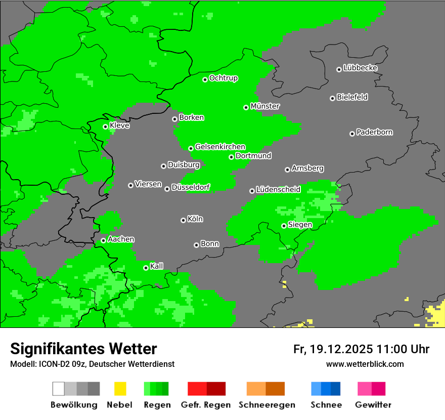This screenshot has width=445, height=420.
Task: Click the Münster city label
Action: coord(265,106)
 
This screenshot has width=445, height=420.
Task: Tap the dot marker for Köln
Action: coord(183,220)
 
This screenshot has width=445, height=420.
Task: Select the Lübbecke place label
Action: coord(360,68)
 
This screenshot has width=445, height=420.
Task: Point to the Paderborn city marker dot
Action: coord(352,134)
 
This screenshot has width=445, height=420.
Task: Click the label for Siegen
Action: coord(300,225)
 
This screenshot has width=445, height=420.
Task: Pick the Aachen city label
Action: coord(121,239)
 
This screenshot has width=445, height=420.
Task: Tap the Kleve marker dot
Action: coord(105,127)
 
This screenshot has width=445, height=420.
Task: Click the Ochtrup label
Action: coord(224,78)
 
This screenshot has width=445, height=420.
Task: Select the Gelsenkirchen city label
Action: coord(220,147)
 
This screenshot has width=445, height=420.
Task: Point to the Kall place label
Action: coord(157,266)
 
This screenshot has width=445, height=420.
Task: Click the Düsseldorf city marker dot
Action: coord(167,189)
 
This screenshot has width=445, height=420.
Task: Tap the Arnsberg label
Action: coord(307,168)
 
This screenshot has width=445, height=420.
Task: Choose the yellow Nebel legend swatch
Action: coord(120,389)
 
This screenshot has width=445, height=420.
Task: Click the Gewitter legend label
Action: coord(373,405)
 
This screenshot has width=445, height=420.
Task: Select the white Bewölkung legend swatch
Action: coord(59,389)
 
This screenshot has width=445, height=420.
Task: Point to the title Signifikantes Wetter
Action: coord(83,349)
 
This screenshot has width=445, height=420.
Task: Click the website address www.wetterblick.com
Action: coord(365,364)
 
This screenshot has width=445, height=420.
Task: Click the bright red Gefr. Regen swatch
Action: coord(197,389)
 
